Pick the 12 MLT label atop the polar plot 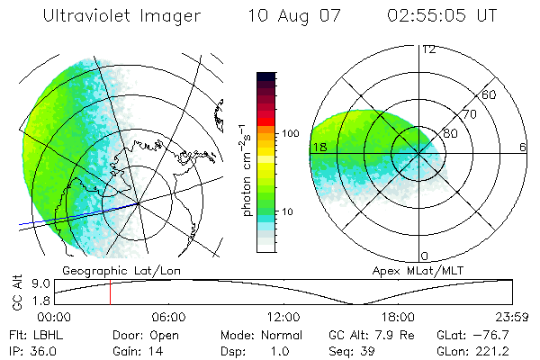(428, 49)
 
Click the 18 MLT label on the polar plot (319, 147)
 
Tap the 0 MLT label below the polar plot (425, 256)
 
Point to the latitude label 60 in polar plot (490, 94)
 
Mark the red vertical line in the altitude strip (110, 292)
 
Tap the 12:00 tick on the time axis (283, 317)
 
